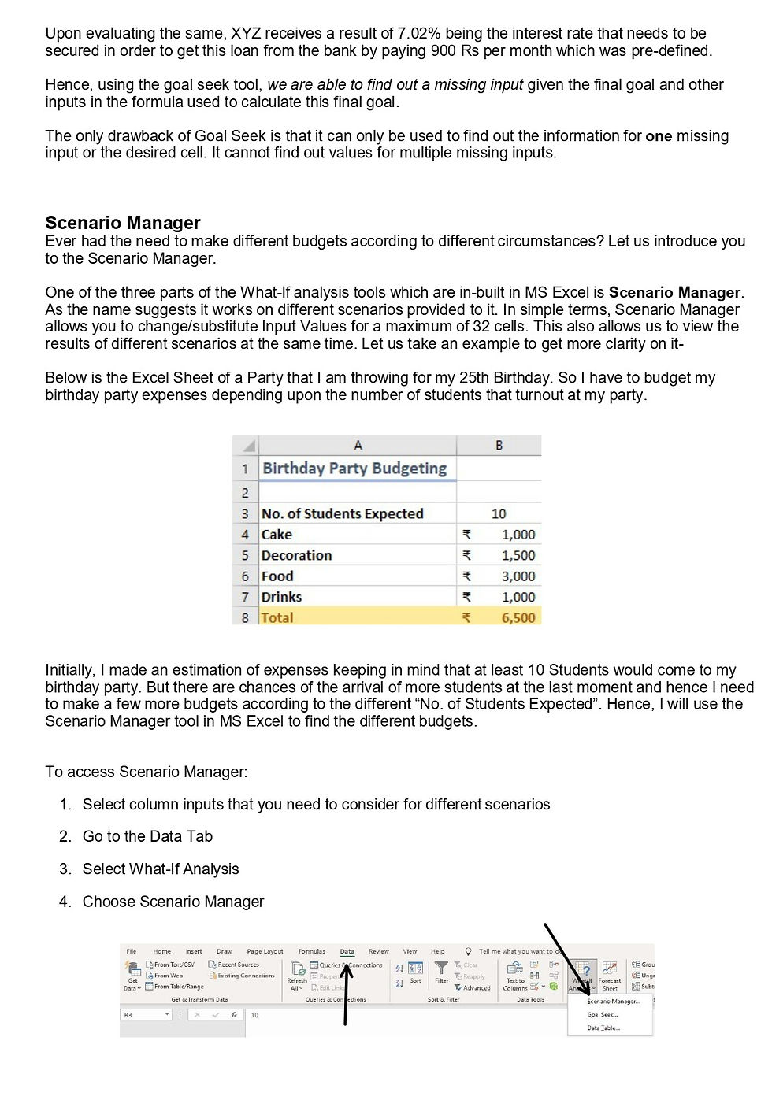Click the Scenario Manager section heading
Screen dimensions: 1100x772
pos(123,223)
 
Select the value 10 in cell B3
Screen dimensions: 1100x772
pos(499,513)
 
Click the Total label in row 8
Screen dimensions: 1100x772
pos(277,617)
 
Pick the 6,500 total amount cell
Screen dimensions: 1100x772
pos(518,617)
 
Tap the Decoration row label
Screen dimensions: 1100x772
pos(296,555)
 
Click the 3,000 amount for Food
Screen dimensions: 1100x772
pos(518,576)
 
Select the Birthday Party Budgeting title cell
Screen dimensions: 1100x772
pos(354,469)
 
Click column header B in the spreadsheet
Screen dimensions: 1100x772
pos(499,446)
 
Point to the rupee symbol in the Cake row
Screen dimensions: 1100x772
pos(466,535)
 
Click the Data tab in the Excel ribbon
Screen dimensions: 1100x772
pos(347,951)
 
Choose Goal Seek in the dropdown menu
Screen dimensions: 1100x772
pos(603,1015)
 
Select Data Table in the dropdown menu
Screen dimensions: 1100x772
pos(603,1028)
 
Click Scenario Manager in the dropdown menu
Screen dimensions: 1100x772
pos(613,1002)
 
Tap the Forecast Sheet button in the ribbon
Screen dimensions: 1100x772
pos(610,976)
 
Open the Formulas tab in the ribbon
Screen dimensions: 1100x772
pos(311,951)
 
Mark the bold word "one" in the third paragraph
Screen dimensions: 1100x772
pos(659,136)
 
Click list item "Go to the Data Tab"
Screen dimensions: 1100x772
pos(147,836)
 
